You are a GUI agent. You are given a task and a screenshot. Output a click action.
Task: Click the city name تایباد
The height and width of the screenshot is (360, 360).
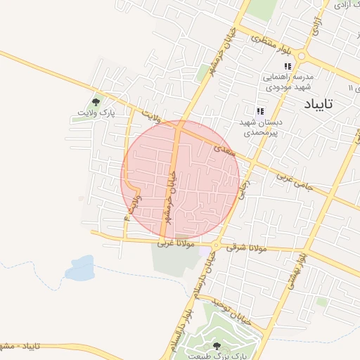319,104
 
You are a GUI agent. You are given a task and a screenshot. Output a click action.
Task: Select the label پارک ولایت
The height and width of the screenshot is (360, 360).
96,112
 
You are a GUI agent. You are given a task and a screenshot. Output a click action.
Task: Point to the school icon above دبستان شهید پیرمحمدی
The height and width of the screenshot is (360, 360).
260,111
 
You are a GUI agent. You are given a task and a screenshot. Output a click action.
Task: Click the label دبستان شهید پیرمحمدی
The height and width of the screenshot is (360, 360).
261,127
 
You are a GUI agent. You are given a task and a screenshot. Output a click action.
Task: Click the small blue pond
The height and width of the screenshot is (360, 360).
81,267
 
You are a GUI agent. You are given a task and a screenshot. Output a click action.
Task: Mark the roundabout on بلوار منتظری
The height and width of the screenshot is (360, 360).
302,56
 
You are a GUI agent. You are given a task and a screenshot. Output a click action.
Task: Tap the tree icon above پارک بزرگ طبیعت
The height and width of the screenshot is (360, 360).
216,346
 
